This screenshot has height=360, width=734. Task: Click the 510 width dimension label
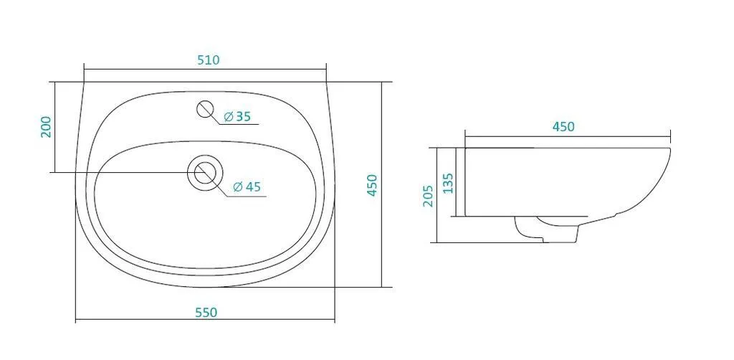pyautogui.click(x=209, y=60)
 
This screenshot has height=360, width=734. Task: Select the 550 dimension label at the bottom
pyautogui.click(x=206, y=312)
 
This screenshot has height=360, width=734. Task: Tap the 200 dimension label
pyautogui.click(x=47, y=126)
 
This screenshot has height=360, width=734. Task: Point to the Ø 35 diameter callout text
pyautogui.click(x=237, y=117)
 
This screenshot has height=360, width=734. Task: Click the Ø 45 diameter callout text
pyautogui.click(x=247, y=186)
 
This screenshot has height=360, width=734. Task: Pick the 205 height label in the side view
pyautogui.click(x=429, y=196)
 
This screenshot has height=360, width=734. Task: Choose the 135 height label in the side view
pyautogui.click(x=449, y=183)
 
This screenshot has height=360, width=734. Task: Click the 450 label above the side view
pyautogui.click(x=563, y=127)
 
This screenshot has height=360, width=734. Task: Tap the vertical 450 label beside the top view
pyautogui.click(x=372, y=186)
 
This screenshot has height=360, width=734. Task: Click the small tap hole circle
pyautogui.click(x=205, y=108)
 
